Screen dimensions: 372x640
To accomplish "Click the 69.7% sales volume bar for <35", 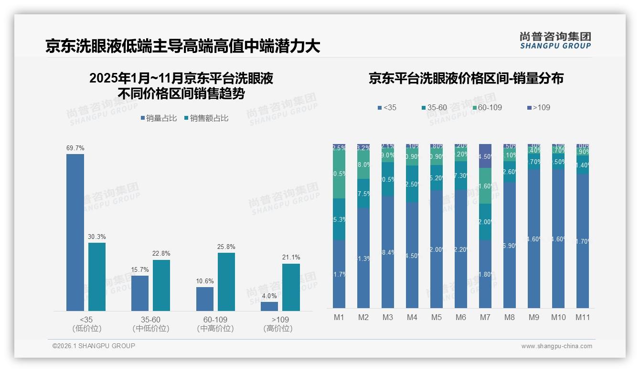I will [75, 232].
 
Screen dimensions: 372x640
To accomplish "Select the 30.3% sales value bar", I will [97, 277].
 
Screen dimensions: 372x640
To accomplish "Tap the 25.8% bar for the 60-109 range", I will [226, 281].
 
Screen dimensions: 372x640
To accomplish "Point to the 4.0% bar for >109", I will [269, 306].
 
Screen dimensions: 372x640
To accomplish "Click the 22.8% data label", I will [161, 253].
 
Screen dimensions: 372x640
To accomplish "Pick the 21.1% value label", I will [291, 258].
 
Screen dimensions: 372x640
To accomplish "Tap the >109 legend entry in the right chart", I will [538, 107].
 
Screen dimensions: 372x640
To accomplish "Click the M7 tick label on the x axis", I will [485, 317].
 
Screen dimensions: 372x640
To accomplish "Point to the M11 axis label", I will [583, 317].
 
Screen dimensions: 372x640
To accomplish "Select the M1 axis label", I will [339, 317].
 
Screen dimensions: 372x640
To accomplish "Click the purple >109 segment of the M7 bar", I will [485, 156].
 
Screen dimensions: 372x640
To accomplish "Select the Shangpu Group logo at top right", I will [555, 41].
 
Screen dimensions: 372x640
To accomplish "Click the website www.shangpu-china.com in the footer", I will [556, 346].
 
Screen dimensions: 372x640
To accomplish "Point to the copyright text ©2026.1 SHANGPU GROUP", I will [94, 346].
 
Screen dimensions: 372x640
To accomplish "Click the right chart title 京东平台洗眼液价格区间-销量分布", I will [466, 79].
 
